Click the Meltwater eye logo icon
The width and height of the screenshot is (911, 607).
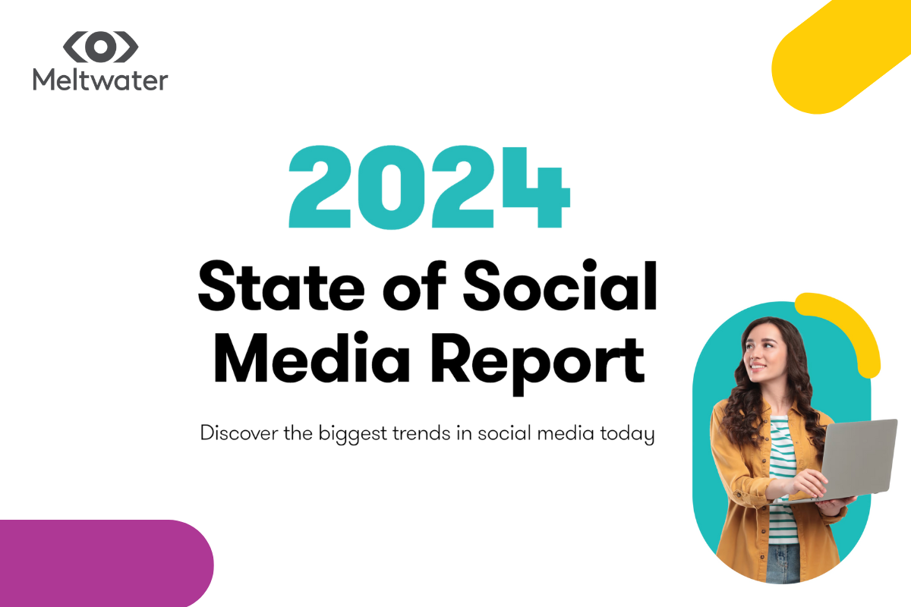100,47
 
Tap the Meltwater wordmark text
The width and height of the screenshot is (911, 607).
100,79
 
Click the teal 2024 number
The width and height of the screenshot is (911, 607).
430,187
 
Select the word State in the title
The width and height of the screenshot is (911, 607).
281,287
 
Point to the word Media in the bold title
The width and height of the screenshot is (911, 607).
311,358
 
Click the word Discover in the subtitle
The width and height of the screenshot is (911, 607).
239,432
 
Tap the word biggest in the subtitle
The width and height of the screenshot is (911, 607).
352,434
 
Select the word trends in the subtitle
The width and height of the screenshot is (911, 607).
421,433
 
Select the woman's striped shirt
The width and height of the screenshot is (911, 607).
782,480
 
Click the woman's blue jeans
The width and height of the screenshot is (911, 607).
783,563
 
